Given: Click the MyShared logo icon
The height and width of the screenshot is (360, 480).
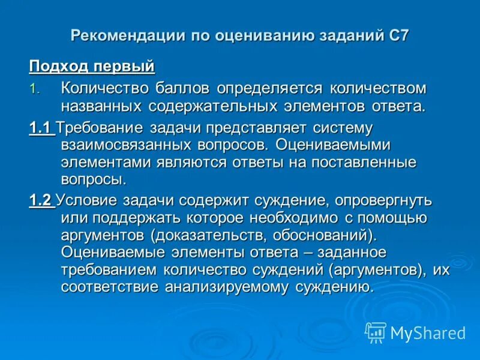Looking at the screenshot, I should [x=376, y=332].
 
